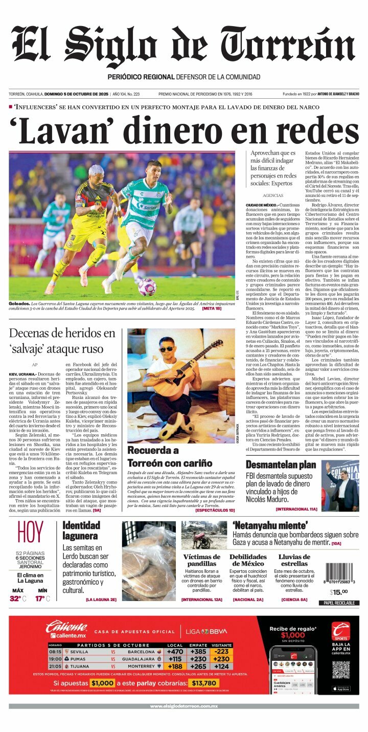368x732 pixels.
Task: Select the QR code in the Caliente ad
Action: [x=340, y=670]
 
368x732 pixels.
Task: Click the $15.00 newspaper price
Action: [x=338, y=592]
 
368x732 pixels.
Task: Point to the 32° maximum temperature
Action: [x=18, y=598]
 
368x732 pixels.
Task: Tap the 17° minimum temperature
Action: [x=42, y=598]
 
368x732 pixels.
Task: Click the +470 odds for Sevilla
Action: [x=175, y=652]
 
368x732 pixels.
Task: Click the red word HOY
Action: [x=30, y=533]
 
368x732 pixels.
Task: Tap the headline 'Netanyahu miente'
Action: [x=270, y=525]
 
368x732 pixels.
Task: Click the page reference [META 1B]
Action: [x=212, y=308]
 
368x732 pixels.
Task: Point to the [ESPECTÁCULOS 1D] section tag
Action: [x=215, y=510]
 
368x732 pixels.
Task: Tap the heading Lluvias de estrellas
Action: [x=294, y=560]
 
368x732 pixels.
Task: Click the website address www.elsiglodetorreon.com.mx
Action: [x=184, y=706]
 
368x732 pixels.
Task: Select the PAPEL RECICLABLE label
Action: [x=338, y=603]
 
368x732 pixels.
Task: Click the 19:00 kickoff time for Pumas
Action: [x=55, y=659]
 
